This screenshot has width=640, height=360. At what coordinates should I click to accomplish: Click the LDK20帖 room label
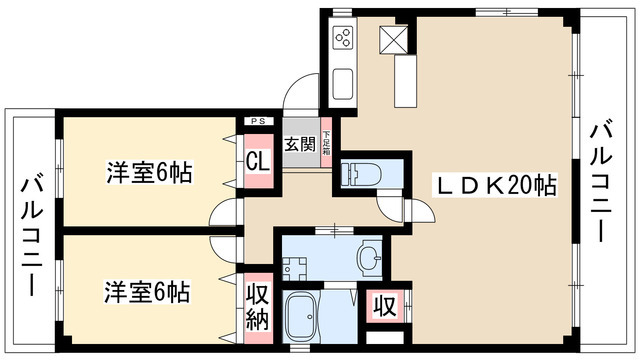(494, 185)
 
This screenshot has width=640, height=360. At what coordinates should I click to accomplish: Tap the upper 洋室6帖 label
(149, 172)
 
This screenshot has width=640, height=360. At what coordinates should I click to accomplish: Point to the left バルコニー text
(29, 237)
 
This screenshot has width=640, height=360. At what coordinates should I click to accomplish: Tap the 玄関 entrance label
(300, 144)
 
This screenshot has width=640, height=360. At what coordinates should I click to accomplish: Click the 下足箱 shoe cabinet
(326, 146)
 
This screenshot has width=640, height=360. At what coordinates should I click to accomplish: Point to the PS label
(257, 120)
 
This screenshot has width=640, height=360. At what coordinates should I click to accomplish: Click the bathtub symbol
(303, 317)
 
